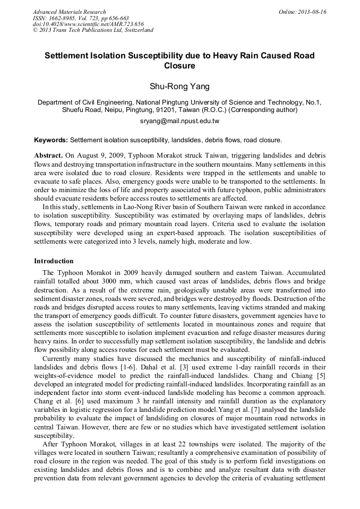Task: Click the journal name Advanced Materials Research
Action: click(x=69, y=12)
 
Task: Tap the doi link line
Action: click(x=88, y=24)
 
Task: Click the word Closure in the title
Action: click(x=179, y=66)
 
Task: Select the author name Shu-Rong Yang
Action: click(x=179, y=87)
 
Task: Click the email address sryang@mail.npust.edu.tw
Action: click(x=179, y=121)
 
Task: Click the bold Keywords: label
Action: click(x=51, y=140)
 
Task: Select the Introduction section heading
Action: click(x=54, y=261)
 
